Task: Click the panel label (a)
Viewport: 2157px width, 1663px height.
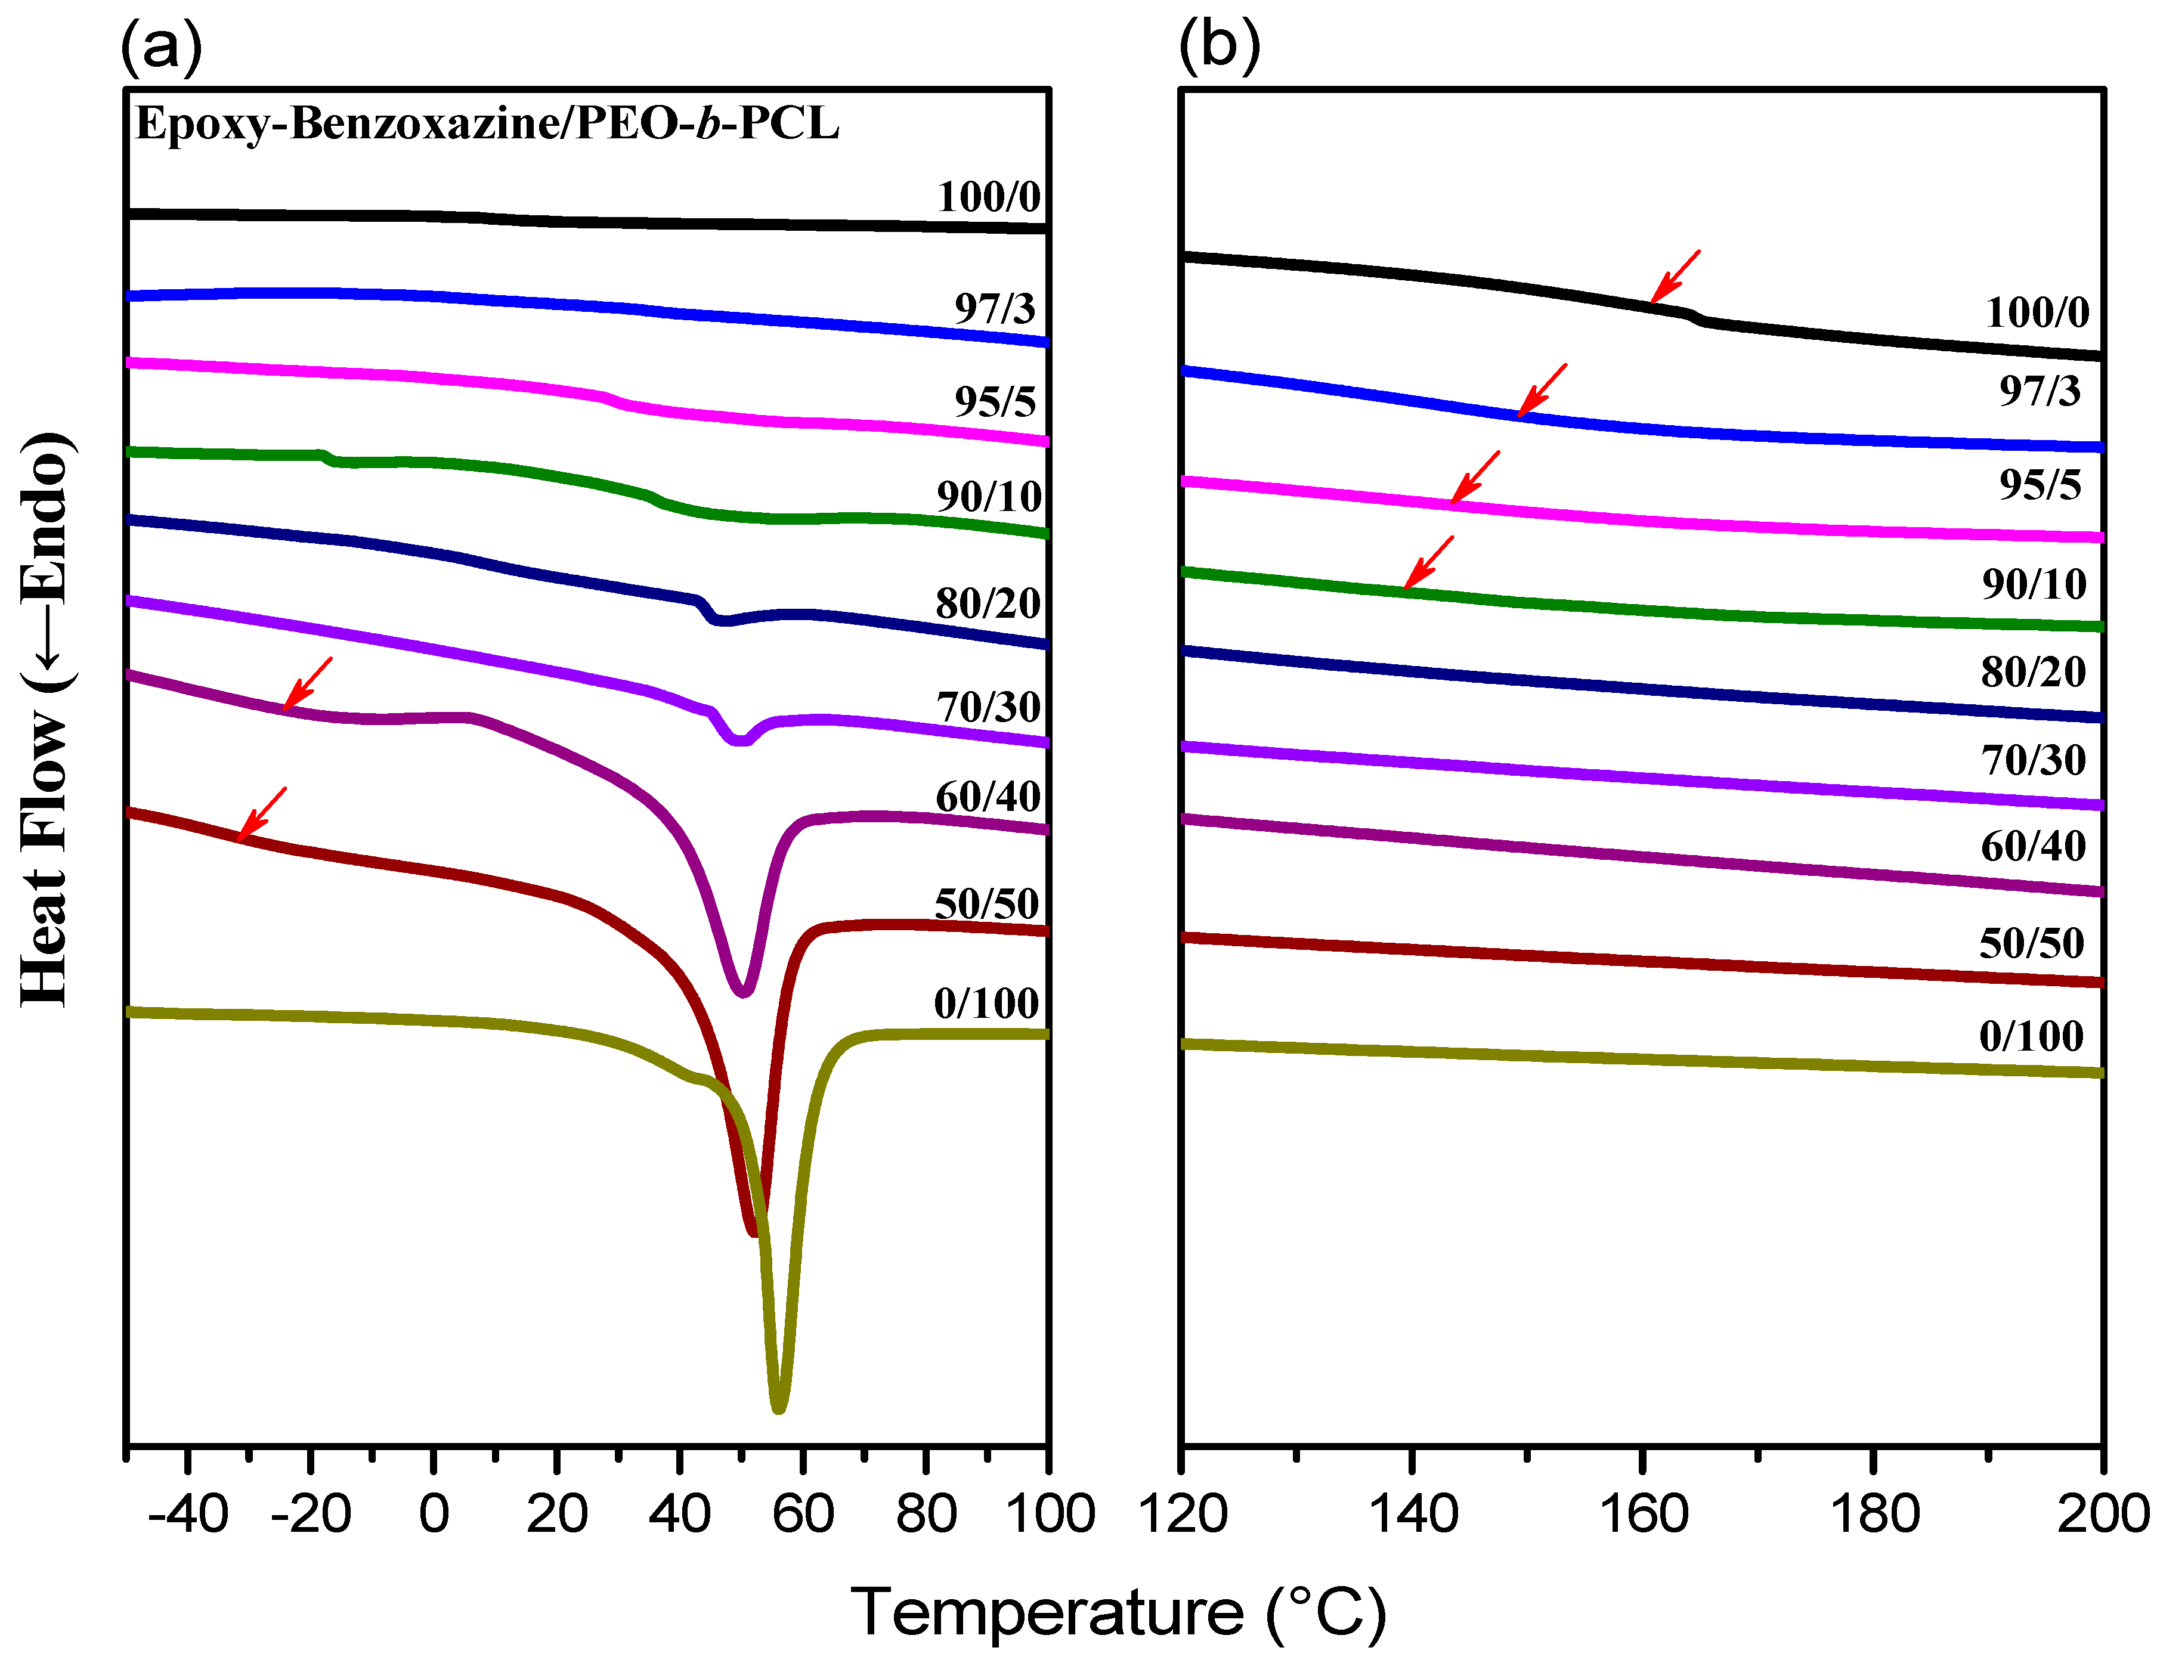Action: (x=161, y=45)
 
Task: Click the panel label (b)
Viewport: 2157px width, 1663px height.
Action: (x=1219, y=45)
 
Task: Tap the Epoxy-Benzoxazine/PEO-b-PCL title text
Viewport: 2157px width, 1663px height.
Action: (x=487, y=123)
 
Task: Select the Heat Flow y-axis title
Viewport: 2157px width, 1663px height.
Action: (x=45, y=719)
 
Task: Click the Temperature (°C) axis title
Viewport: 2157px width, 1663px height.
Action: (x=1118, y=1614)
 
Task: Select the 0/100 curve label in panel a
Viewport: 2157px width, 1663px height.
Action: (x=986, y=1004)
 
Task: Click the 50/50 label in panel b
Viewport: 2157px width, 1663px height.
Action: (x=2032, y=943)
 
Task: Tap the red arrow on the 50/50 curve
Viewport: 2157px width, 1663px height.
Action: (x=262, y=815)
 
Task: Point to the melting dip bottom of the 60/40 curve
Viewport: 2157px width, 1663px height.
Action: (x=744, y=990)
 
